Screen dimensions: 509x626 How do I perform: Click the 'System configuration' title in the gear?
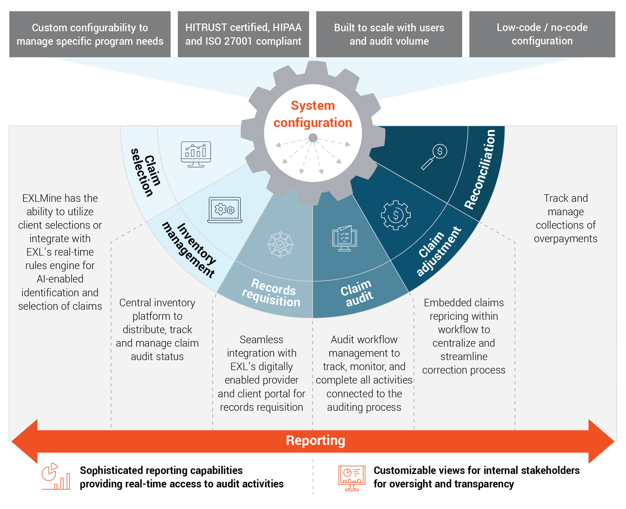click(x=313, y=114)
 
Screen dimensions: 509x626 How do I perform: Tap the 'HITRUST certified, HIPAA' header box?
click(x=243, y=34)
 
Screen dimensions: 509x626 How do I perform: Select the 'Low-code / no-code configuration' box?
click(x=542, y=34)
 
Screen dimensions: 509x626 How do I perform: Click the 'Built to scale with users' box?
click(x=389, y=34)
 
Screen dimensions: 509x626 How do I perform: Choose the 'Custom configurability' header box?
click(x=90, y=34)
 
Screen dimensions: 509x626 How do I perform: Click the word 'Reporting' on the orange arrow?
click(x=315, y=440)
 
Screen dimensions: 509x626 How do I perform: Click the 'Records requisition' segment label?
click(x=271, y=293)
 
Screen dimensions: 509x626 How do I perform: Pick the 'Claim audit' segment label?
click(x=357, y=293)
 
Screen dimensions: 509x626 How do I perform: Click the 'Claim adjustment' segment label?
click(x=438, y=252)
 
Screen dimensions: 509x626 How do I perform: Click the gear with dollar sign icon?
click(x=396, y=215)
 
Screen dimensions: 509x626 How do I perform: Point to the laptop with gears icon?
click(x=225, y=210)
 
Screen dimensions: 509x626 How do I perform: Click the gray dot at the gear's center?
click(x=313, y=138)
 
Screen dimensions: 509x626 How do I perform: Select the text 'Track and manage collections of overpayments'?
click(x=565, y=218)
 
